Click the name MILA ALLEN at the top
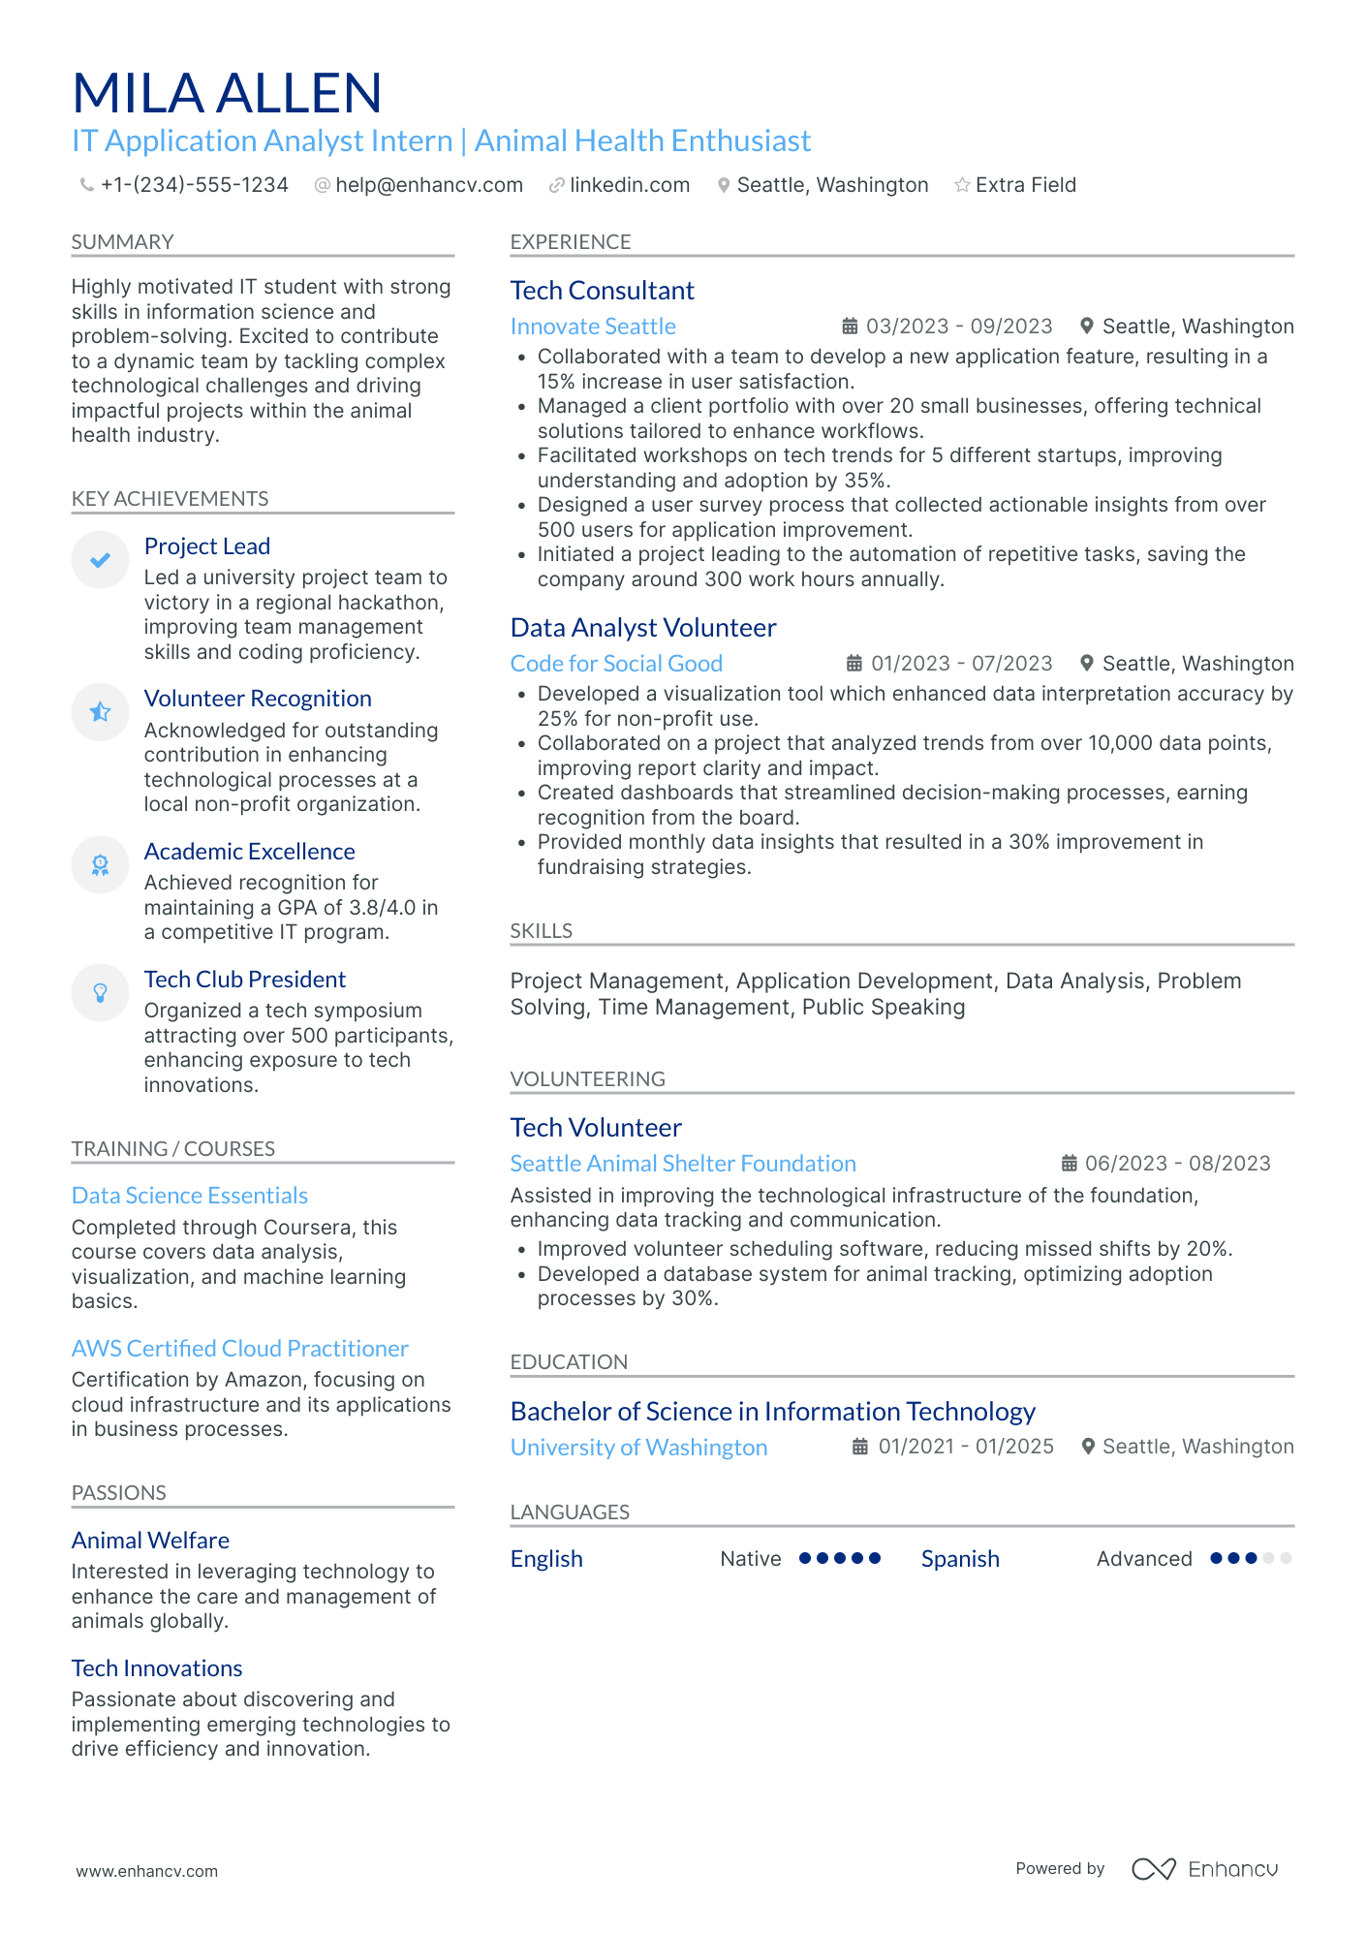click(227, 94)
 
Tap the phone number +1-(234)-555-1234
click(194, 185)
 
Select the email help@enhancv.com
click(428, 185)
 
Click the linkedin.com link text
click(630, 185)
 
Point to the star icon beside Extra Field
click(962, 185)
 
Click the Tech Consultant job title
click(602, 291)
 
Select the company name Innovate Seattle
click(593, 327)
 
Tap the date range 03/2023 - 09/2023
click(958, 327)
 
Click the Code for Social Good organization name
click(616, 664)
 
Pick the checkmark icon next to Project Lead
click(100, 559)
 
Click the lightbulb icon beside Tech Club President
click(100, 992)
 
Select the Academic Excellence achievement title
click(249, 852)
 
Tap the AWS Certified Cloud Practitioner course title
click(239, 1349)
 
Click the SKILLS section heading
click(541, 931)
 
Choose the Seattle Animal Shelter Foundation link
click(683, 1164)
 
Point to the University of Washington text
click(638, 1448)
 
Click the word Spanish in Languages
click(959, 1559)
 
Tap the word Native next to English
click(750, 1559)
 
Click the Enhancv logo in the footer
click(1205, 1869)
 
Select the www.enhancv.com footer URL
click(147, 1871)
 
